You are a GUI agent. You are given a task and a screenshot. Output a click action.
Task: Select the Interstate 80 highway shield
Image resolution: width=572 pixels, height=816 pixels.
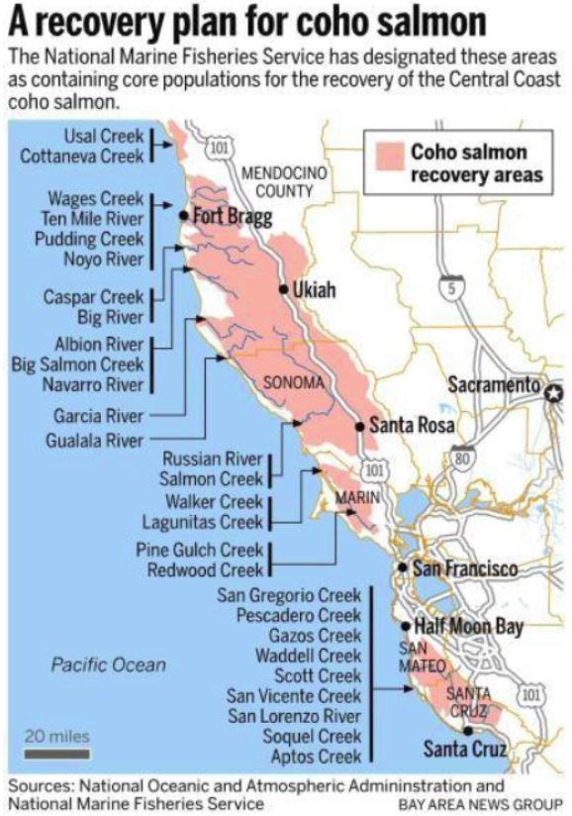pyautogui.click(x=459, y=458)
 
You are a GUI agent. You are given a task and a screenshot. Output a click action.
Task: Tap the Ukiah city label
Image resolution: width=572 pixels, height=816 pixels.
pyautogui.click(x=315, y=290)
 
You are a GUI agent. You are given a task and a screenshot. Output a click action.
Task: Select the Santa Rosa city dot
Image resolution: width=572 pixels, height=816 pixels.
pyautogui.click(x=359, y=427)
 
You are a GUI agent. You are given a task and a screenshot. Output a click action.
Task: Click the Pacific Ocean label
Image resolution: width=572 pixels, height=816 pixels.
pyautogui.click(x=109, y=664)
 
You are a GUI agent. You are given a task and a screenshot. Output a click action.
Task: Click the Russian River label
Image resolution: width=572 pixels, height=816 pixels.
pyautogui.click(x=213, y=459)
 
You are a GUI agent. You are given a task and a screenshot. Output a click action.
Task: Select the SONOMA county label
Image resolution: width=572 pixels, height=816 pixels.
pyautogui.click(x=293, y=382)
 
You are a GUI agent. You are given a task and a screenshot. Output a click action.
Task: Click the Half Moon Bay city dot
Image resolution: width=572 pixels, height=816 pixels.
pyautogui.click(x=406, y=626)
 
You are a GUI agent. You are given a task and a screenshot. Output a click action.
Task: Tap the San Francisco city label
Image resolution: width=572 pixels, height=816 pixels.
pyautogui.click(x=465, y=568)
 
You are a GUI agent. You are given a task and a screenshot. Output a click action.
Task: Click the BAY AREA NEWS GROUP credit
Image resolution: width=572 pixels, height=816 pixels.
pyautogui.click(x=481, y=802)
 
